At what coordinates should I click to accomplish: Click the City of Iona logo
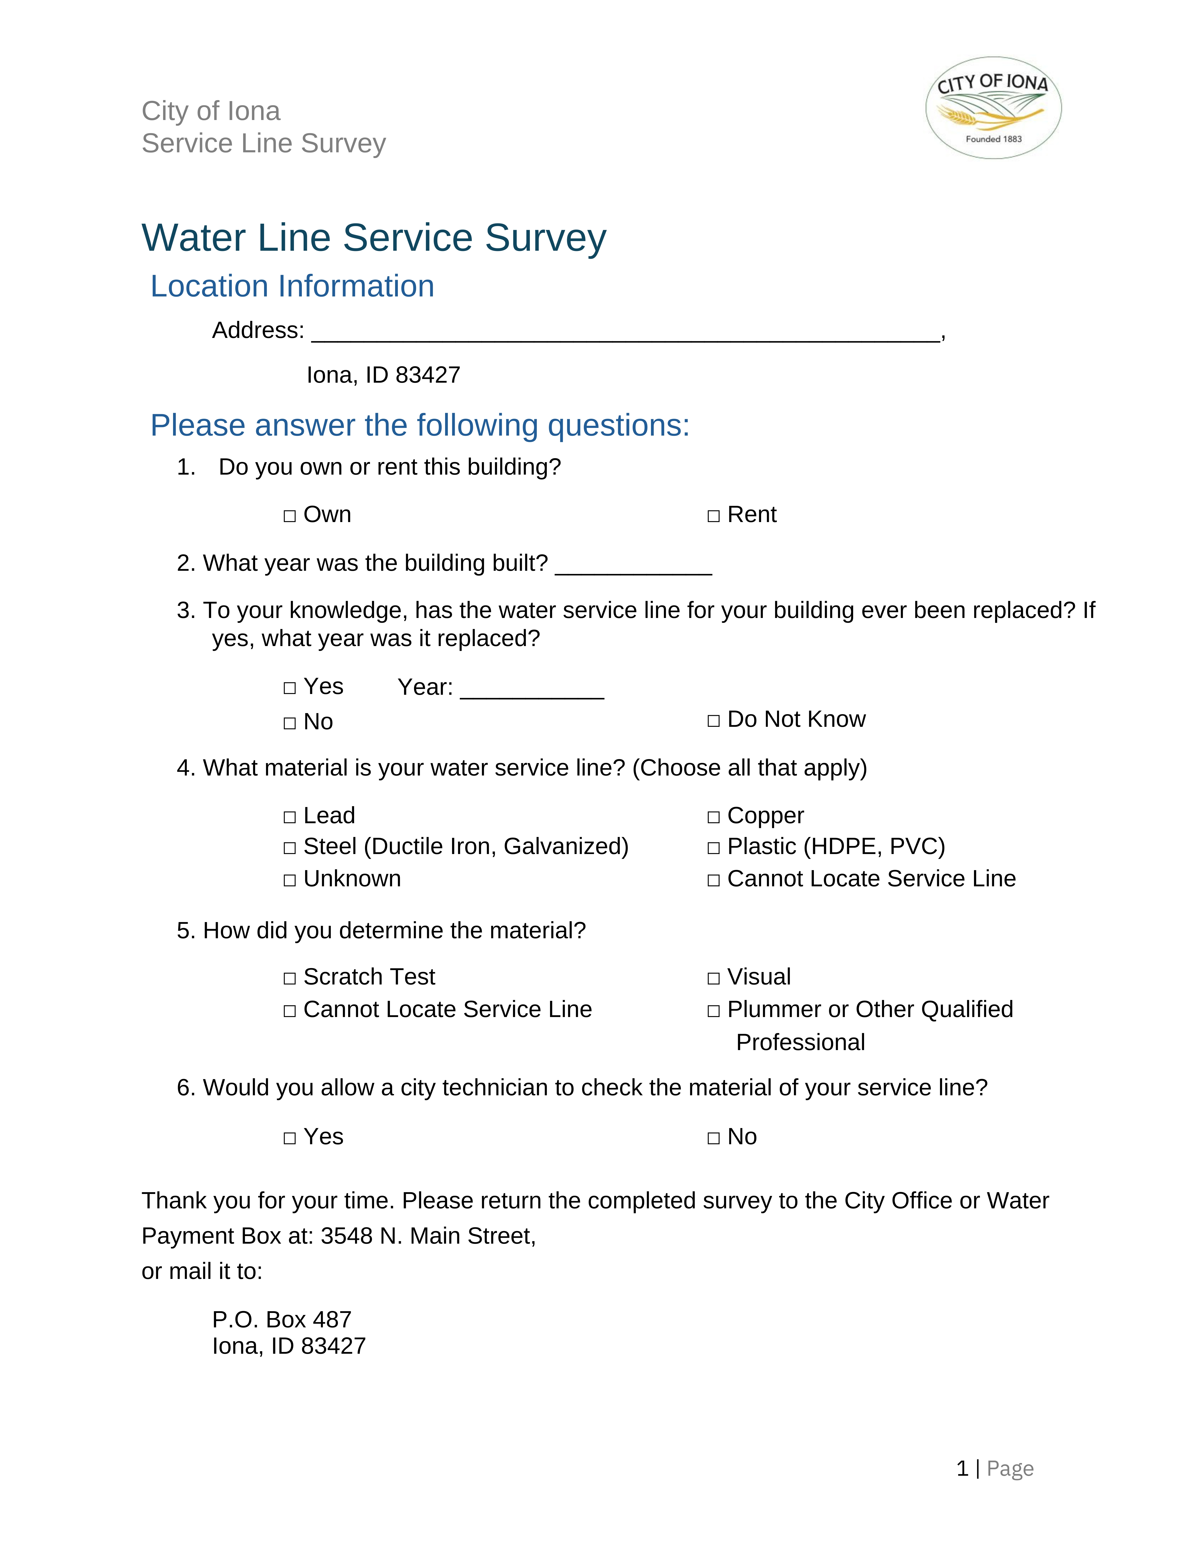pos(993,108)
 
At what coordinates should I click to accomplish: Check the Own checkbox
pos(290,516)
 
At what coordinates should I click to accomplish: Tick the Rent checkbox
pos(714,516)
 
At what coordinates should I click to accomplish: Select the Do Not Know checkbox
pos(714,721)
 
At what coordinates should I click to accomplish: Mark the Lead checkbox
pos(290,817)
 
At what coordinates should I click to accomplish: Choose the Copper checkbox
pos(714,817)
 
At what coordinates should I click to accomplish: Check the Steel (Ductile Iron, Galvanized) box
pos(290,848)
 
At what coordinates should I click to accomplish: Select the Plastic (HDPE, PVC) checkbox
pos(714,848)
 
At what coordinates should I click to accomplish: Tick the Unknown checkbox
pos(290,880)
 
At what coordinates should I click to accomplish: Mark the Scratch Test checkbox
pos(290,979)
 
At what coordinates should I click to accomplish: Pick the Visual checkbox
pos(714,979)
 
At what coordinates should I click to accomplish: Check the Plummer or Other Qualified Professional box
pos(714,1011)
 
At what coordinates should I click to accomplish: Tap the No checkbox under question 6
pos(714,1139)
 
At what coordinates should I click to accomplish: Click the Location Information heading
pos(292,286)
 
